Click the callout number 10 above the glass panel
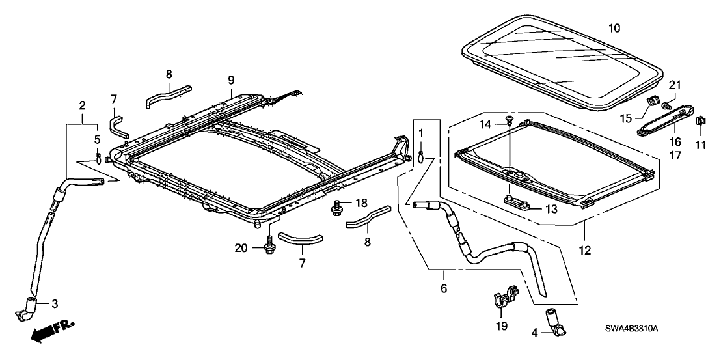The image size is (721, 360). tap(614, 29)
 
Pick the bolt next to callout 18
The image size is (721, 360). tap(337, 208)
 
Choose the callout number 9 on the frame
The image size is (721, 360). tap(230, 80)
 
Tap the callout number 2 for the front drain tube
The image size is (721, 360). tap(82, 105)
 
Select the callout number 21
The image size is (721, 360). tap(673, 84)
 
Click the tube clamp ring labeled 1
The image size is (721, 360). tap(421, 154)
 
